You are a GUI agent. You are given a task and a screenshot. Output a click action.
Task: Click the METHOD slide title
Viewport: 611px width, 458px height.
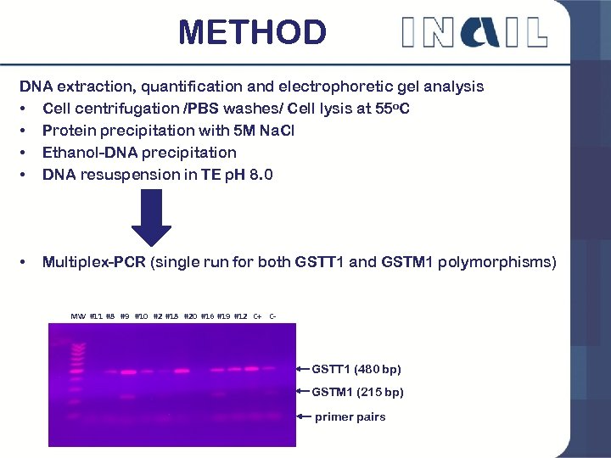coord(252,33)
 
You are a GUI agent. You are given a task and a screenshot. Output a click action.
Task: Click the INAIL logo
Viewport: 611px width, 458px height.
coord(474,32)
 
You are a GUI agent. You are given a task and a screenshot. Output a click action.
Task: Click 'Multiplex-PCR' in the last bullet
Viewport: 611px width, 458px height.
coord(93,262)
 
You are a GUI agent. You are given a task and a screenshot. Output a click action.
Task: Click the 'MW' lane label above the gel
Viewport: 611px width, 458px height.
coord(78,316)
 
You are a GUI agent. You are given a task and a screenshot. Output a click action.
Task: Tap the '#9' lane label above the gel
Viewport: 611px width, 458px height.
coord(125,316)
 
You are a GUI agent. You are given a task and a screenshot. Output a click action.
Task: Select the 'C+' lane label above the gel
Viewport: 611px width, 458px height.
coord(257,316)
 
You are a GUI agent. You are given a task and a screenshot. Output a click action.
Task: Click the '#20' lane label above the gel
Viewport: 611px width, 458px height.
coord(190,316)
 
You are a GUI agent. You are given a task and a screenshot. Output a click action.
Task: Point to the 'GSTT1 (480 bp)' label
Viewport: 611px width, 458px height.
coord(356,369)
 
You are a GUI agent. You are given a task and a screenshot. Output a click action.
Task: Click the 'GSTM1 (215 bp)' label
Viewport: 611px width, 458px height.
coord(357,392)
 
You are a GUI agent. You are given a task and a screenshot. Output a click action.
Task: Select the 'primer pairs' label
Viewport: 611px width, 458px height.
coord(350,416)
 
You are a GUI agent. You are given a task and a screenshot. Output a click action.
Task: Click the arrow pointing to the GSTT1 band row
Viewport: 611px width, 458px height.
coord(302,369)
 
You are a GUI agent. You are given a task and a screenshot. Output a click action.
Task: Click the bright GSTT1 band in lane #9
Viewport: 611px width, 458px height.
coord(128,371)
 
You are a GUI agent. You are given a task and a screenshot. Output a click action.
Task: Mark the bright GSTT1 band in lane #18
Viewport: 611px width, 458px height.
coord(181,371)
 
